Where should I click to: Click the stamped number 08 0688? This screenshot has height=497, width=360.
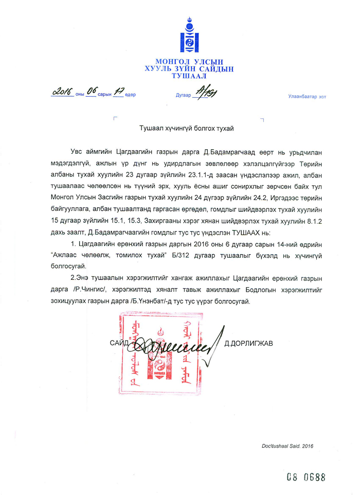click(306, 476)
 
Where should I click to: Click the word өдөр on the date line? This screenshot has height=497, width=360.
click(131, 95)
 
